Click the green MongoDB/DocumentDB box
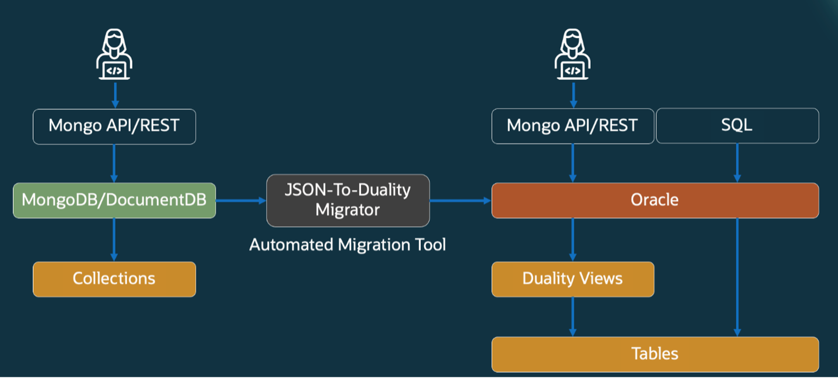(114, 200)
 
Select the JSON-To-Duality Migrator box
(348, 200)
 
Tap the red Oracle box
(655, 200)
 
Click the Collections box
(114, 279)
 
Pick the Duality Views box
(573, 279)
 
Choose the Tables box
(655, 354)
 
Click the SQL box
(737, 126)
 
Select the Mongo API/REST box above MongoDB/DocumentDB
(114, 126)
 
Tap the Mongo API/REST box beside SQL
(573, 126)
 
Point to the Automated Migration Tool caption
(348, 244)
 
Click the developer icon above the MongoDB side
(114, 54)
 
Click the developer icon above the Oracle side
(573, 54)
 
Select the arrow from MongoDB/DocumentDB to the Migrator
(241, 200)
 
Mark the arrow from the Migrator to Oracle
(460, 200)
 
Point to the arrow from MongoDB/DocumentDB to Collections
(114, 240)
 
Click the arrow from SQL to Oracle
(737, 163)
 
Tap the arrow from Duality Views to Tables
(573, 316)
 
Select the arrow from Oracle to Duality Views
(573, 240)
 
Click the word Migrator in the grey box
(348, 210)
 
